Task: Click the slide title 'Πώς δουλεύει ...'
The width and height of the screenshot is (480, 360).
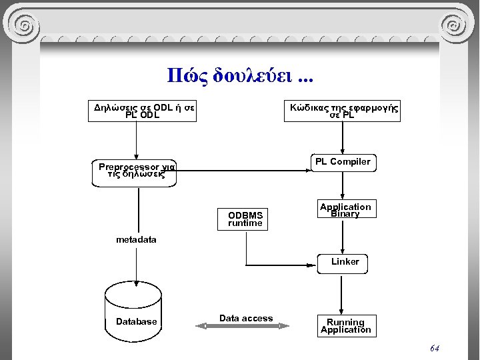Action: point(239,75)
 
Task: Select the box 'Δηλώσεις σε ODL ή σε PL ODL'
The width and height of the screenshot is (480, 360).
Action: point(145,111)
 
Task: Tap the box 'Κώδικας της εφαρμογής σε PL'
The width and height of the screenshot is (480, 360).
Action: point(343,111)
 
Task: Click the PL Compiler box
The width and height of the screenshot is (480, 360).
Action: point(342,162)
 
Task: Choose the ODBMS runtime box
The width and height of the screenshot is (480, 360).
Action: point(245,219)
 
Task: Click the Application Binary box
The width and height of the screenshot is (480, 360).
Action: point(345,210)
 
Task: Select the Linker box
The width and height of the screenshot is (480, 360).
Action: point(345,262)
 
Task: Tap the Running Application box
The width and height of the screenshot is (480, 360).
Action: point(345,326)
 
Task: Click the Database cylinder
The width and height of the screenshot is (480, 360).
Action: point(136,313)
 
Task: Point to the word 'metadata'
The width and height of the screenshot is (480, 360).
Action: point(136,239)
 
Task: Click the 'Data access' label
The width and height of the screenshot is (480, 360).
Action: point(246,319)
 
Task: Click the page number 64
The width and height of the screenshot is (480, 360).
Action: point(435,349)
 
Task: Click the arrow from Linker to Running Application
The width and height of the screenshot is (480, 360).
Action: point(342,293)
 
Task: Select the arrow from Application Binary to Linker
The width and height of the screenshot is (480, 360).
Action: point(342,237)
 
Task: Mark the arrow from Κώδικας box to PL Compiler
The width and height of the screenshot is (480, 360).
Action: point(342,138)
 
